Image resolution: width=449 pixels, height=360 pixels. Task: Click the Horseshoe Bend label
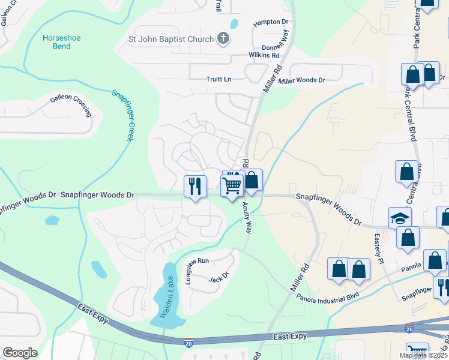tap(61, 43)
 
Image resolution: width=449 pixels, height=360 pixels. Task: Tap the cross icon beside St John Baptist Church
tap(223, 40)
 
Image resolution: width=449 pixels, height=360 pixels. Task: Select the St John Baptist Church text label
tap(171, 40)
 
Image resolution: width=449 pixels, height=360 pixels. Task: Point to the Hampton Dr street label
tap(271, 22)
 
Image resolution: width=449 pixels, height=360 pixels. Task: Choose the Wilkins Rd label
tap(264, 55)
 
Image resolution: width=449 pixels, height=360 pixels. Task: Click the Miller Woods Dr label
tap(301, 80)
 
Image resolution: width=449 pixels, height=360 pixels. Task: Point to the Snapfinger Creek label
tap(122, 115)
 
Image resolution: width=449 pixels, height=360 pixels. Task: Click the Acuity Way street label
tap(247, 217)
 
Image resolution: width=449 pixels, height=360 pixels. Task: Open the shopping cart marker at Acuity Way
tap(232, 185)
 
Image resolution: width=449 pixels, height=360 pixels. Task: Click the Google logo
tap(20, 353)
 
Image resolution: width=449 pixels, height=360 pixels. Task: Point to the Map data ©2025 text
tap(423, 355)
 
